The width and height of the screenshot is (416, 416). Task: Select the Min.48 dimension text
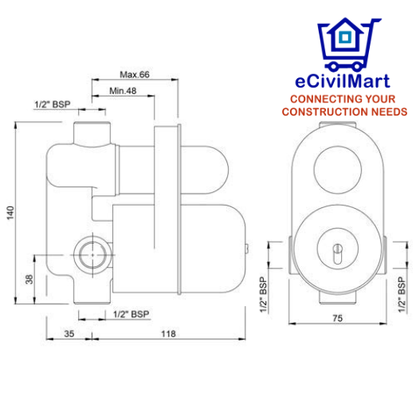tap(122, 91)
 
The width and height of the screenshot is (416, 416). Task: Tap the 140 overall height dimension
tap(10, 214)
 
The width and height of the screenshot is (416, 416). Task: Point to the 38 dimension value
tap(29, 280)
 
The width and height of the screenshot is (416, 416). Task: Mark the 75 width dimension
tap(337, 318)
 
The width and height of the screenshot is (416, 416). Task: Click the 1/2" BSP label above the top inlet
tap(51, 104)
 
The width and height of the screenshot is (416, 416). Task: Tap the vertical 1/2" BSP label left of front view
tap(263, 294)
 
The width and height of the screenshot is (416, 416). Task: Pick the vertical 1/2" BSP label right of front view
tap(399, 294)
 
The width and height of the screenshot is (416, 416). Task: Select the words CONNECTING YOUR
tap(348, 100)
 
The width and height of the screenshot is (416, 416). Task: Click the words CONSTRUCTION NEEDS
tap(348, 112)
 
